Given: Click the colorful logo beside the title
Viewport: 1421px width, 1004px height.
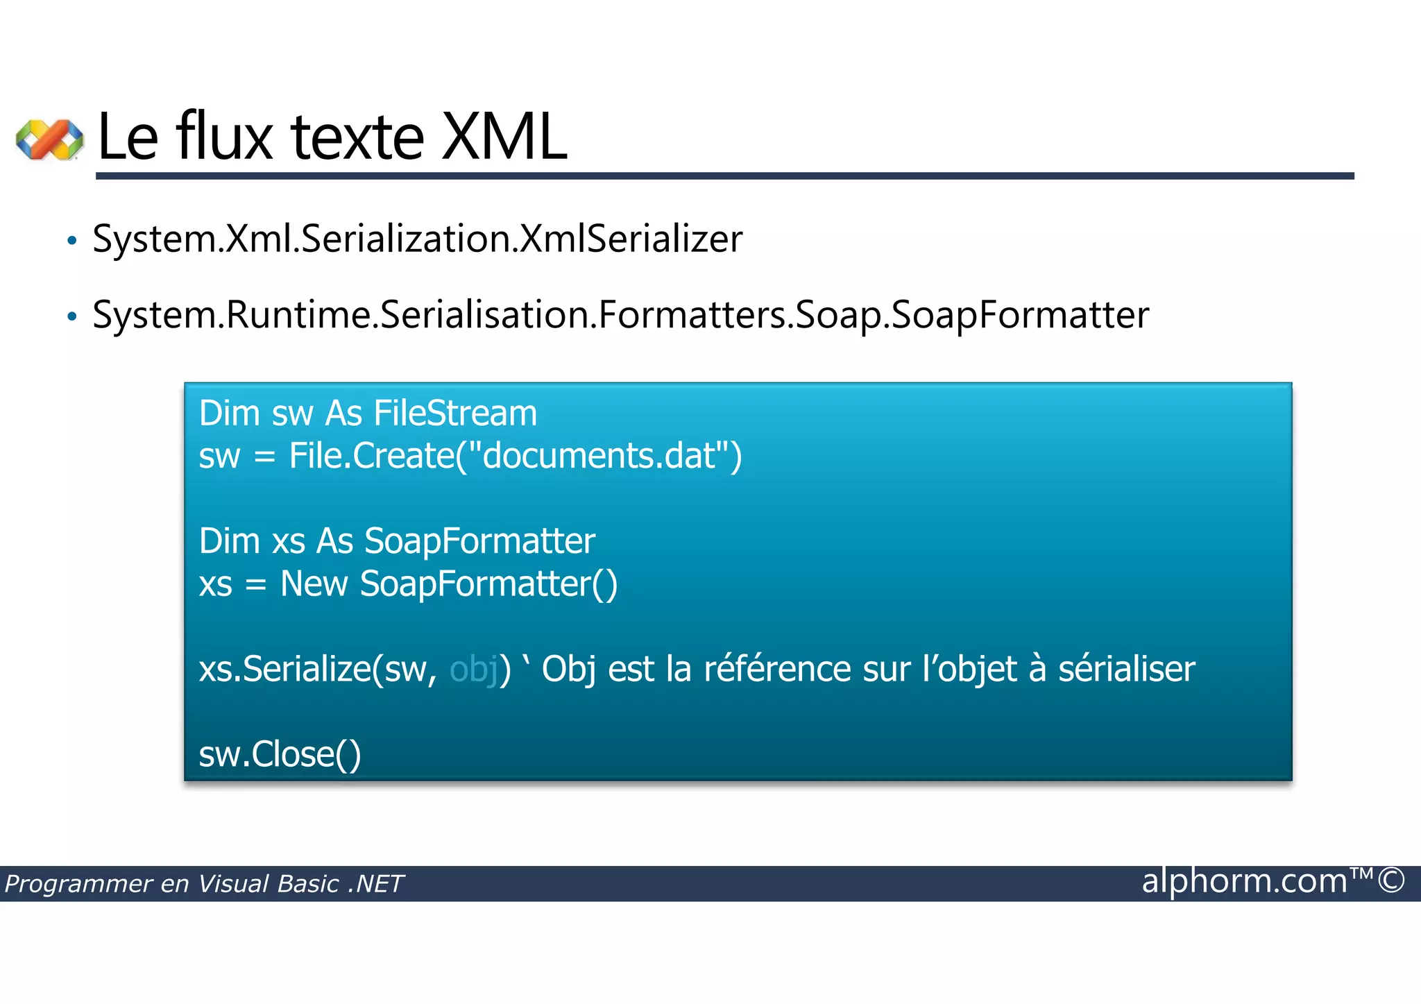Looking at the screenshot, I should click(x=49, y=139).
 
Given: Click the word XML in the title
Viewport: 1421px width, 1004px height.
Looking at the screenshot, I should click(x=504, y=137).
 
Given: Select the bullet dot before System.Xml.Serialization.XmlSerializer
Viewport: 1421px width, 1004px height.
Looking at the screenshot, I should click(x=71, y=241).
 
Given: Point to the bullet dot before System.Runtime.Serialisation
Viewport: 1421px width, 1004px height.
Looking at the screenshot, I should click(x=71, y=317).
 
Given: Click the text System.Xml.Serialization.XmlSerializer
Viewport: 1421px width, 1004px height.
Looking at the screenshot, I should click(x=417, y=239).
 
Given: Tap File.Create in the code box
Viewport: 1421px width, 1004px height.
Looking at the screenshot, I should click(x=371, y=456).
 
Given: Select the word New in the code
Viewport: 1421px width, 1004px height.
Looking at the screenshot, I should click(x=314, y=584).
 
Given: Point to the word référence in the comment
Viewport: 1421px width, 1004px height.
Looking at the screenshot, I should click(x=777, y=669).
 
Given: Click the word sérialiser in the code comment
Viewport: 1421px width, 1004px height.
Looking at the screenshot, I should click(x=1126, y=669).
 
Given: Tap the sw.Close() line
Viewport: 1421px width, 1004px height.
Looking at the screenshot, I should click(x=280, y=754).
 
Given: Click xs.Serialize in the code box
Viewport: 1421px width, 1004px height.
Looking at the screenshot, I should click(x=285, y=670).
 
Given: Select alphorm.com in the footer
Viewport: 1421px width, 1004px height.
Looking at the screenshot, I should click(x=1244, y=881).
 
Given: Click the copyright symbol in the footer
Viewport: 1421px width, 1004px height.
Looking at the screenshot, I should click(x=1390, y=880).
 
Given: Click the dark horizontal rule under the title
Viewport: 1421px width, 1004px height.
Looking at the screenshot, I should click(x=725, y=176).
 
